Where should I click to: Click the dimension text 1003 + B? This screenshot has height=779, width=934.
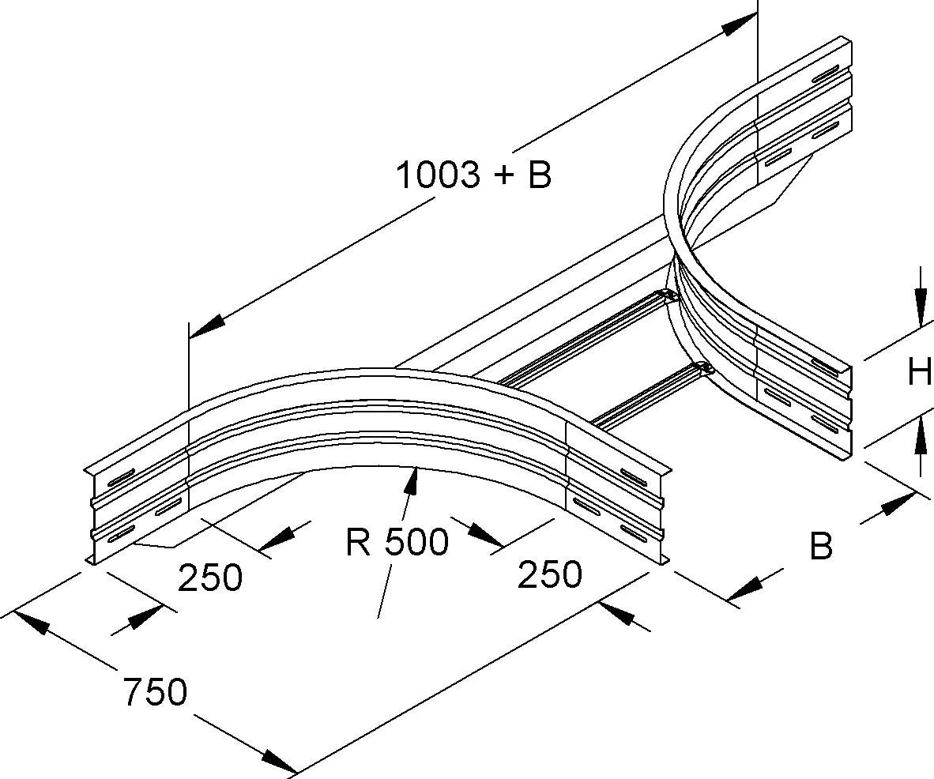pyautogui.click(x=473, y=175)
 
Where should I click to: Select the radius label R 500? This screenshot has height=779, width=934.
pyautogui.click(x=397, y=542)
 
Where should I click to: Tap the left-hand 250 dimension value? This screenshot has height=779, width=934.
pyautogui.click(x=209, y=578)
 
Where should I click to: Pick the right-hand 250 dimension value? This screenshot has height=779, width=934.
pyautogui.click(x=550, y=574)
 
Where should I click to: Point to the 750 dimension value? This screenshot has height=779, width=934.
pyautogui.click(x=155, y=692)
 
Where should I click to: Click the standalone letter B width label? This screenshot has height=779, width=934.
pyautogui.click(x=822, y=546)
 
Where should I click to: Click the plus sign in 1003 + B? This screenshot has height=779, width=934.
pyautogui.click(x=499, y=176)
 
